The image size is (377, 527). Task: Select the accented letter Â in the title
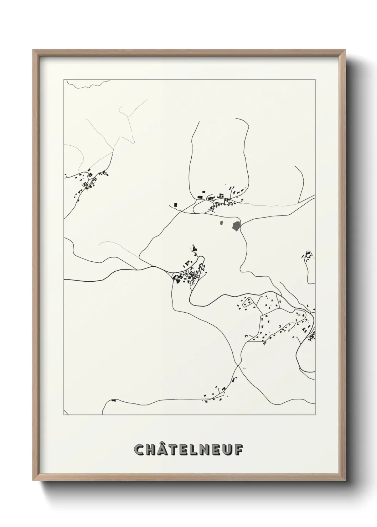[x=163, y=449]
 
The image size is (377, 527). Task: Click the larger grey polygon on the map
[x=236, y=225]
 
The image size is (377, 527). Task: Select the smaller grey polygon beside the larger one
[x=221, y=223]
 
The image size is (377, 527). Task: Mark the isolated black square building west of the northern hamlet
[x=176, y=204]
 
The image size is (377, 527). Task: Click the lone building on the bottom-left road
[x=114, y=400]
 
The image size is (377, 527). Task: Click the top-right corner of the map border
[x=315, y=80]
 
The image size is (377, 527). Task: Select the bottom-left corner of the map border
[x=64, y=415]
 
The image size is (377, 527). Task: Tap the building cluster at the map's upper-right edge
[x=308, y=255]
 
